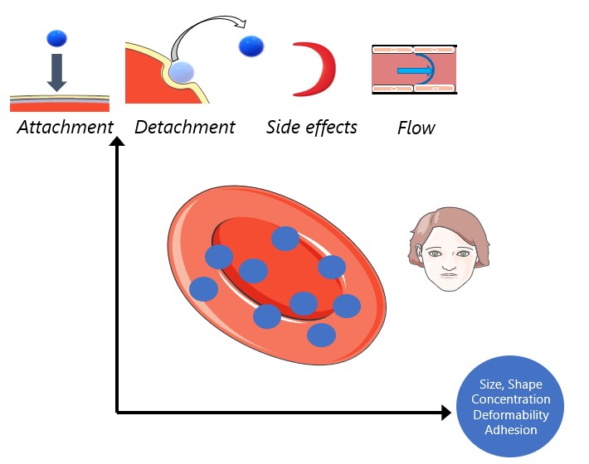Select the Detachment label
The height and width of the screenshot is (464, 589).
click(x=184, y=127)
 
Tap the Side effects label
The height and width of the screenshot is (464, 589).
click(x=311, y=127)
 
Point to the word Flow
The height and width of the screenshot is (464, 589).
click(x=416, y=128)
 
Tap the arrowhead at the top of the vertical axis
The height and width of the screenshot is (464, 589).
click(x=117, y=143)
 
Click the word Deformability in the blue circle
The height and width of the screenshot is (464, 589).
click(x=510, y=414)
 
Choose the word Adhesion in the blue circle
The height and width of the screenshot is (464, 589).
click(x=510, y=429)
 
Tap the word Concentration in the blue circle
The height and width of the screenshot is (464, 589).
click(x=510, y=399)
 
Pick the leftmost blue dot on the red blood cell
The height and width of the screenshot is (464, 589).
click(x=203, y=288)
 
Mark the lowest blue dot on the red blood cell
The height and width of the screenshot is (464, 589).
click(x=321, y=335)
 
